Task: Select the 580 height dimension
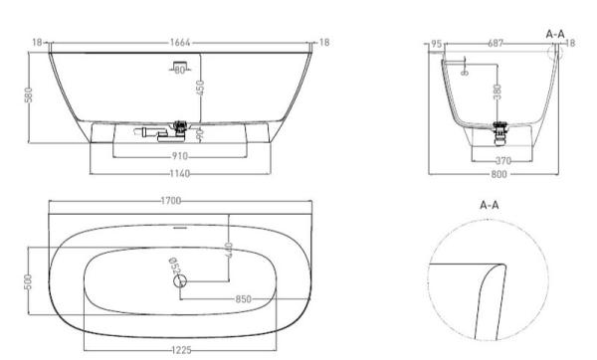(x=31, y=93)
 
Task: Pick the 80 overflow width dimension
(x=181, y=70)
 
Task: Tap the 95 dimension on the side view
(x=437, y=44)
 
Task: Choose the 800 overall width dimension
(x=497, y=173)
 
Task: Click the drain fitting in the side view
(x=500, y=127)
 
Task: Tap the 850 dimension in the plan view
(x=243, y=297)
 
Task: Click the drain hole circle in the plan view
(x=179, y=280)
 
